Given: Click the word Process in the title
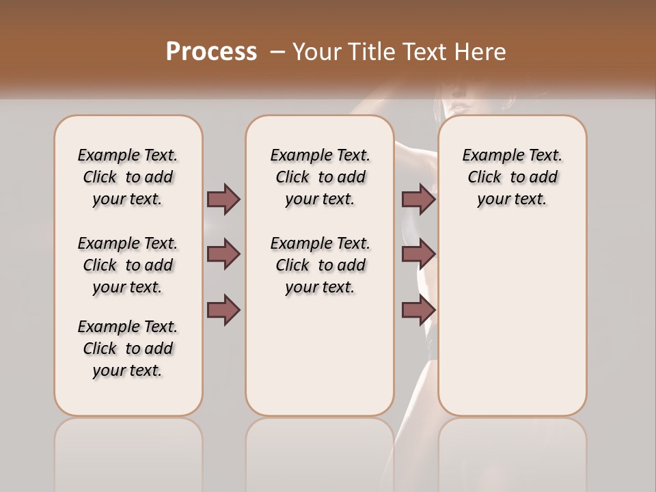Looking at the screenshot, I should coord(211,51).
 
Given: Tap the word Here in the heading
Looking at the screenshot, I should coord(480,52).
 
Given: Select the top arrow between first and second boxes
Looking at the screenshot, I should coord(223,200).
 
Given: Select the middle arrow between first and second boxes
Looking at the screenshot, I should coord(223,254).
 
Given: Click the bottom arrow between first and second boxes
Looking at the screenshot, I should coord(223,310).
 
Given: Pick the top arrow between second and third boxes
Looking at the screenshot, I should coord(418,200).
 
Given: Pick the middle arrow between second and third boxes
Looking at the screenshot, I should coord(418,254).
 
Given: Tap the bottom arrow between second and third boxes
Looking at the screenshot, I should coord(418,310).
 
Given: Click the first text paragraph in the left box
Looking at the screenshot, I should coord(128,177).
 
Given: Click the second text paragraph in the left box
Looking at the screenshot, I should coord(128,265).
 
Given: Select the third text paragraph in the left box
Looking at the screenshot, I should coord(128,348).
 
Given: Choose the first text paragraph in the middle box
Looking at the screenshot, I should coord(320,177).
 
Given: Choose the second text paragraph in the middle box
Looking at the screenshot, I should coord(320,265).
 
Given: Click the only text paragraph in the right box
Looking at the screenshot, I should coord(512,177).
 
